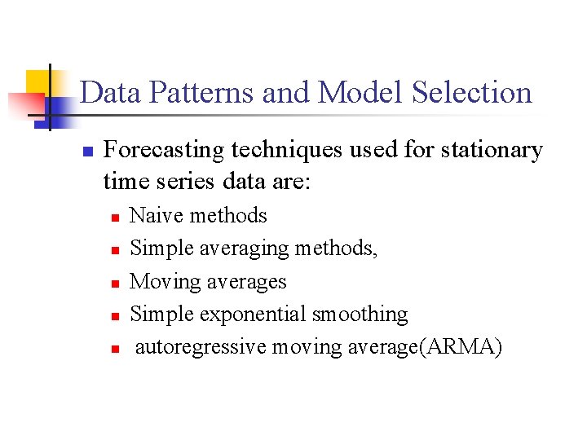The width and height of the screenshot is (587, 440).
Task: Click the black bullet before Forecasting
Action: coord(88,152)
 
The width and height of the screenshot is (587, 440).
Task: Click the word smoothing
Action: coord(360,315)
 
